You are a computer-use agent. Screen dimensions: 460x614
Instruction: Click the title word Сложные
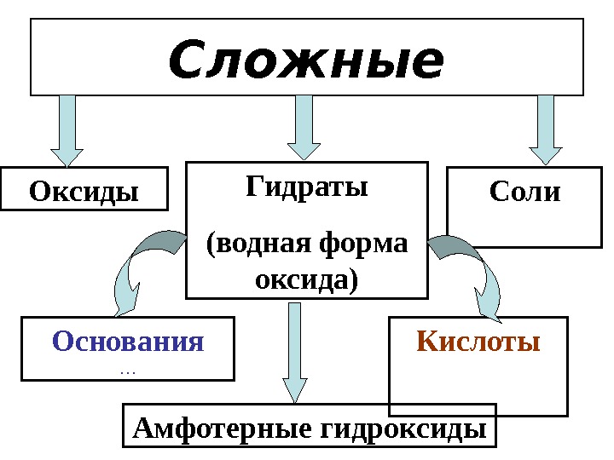(x=307, y=61)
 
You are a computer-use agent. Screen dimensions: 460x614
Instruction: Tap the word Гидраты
(x=307, y=187)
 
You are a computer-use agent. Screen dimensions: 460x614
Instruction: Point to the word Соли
(x=525, y=192)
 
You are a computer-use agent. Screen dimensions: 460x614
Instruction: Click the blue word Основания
(x=129, y=342)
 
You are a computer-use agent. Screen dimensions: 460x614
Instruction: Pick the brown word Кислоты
(x=478, y=342)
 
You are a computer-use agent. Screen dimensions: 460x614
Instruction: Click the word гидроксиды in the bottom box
(x=398, y=428)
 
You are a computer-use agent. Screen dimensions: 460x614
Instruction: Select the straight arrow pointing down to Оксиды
(x=67, y=128)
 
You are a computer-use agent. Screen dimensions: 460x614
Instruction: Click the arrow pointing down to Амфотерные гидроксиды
(x=294, y=349)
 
